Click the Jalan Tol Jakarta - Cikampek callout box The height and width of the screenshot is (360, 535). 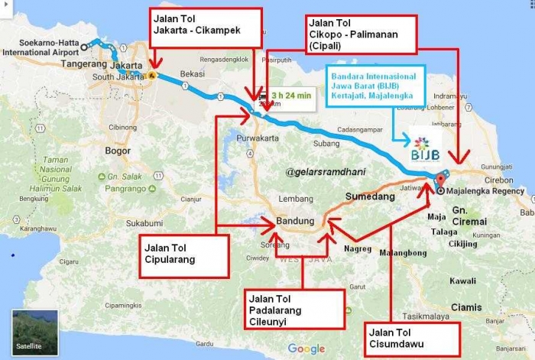(x=206, y=28)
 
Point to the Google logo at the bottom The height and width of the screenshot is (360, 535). (x=306, y=349)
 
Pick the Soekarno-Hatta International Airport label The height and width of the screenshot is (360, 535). (x=40, y=48)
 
